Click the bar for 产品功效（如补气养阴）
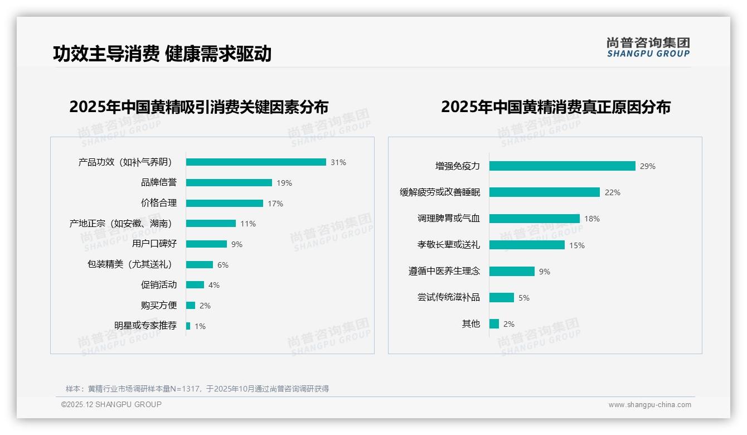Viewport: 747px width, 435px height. pos(256,162)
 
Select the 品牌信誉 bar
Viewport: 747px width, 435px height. pos(229,183)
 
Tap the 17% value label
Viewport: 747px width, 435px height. pos(275,204)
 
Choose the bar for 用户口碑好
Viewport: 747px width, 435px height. pos(206,244)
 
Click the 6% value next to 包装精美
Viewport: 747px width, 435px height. pos(223,265)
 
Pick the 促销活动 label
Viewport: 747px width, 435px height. pos(159,285)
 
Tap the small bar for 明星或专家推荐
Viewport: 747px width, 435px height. pos(188,326)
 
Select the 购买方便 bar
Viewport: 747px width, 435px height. pos(191,306)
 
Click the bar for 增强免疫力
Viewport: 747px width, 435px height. pos(562,166)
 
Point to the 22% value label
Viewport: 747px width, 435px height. pos(613,192)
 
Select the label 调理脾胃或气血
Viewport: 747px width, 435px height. pos(449,219)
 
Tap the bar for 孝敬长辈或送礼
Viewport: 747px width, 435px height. pos(527,245)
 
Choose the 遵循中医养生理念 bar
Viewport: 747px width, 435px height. pos(512,272)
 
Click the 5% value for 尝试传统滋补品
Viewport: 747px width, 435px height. pos(524,298)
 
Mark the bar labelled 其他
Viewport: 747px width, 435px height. pos(494,324)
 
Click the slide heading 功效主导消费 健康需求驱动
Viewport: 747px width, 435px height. pos(162,54)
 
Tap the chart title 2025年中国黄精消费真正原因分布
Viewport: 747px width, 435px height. pos(556,107)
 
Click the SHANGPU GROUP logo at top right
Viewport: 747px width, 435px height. pos(648,47)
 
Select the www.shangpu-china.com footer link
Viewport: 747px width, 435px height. pos(649,405)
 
